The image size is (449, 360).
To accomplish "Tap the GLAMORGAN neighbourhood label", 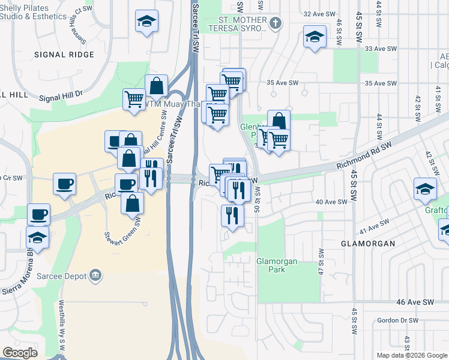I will pos(368,244).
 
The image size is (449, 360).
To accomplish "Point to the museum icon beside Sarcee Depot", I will pos(95,276).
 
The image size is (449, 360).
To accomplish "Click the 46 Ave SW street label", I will pos(415,302).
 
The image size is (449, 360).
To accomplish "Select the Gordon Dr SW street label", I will pos(398,320).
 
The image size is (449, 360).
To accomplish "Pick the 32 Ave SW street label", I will pos(318,14).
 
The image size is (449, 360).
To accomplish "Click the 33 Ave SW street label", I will pos(381,49).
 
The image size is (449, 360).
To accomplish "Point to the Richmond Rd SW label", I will pos(364,155).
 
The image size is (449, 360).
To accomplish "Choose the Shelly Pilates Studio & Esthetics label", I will pos(33,12).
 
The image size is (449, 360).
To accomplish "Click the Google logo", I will pos(20,352).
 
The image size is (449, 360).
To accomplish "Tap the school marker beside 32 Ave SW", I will pos(315,37).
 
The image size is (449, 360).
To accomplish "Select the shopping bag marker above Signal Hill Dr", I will pos(156,85).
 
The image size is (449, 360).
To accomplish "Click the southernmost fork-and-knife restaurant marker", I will pos(232,214).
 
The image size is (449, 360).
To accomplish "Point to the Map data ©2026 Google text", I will pos(411,355).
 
